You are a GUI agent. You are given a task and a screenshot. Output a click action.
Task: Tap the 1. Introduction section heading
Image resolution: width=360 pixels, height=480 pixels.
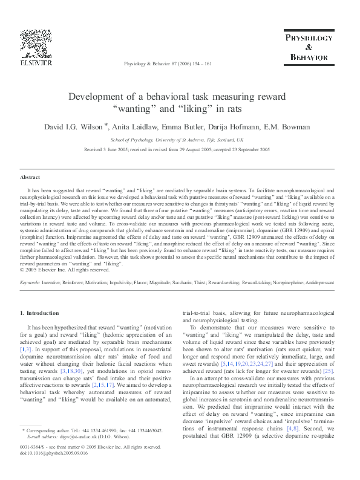click(40, 313)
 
